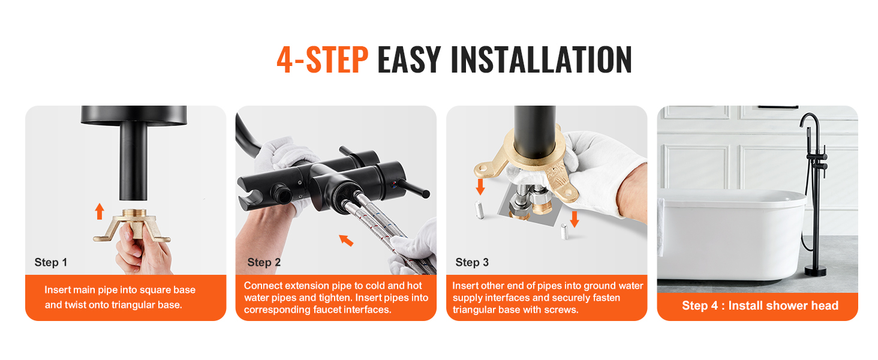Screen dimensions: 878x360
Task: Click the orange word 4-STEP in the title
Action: (322, 59)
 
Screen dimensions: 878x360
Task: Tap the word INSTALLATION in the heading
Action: (542, 59)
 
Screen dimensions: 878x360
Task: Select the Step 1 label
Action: (51, 262)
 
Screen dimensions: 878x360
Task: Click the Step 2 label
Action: (264, 262)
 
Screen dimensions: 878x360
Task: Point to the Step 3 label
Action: (472, 262)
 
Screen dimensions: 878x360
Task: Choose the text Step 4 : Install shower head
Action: (760, 305)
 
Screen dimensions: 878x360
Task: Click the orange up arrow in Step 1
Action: (100, 211)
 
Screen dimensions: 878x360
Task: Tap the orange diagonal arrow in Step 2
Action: (346, 240)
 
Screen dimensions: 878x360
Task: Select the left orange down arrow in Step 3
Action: (480, 187)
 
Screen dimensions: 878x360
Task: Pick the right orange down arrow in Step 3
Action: (574, 219)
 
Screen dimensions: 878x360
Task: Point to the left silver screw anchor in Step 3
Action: (479, 210)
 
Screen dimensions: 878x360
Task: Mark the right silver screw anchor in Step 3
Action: (564, 232)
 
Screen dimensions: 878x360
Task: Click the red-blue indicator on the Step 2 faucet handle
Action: (393, 184)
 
